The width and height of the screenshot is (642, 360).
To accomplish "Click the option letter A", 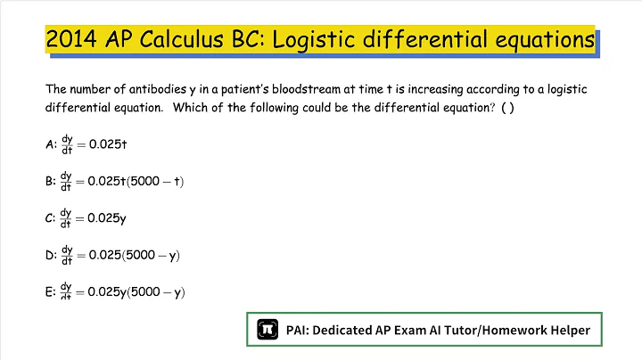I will [x=49, y=143].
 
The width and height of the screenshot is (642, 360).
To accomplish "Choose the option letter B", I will [x=49, y=181].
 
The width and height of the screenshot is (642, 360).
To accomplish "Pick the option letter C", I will [x=49, y=217].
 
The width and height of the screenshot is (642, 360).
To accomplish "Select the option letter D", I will [x=49, y=255].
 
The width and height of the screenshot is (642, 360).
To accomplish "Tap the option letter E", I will [x=49, y=291].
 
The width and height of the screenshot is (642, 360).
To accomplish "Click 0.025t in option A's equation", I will [x=111, y=143].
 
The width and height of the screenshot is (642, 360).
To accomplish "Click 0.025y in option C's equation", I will [x=111, y=217].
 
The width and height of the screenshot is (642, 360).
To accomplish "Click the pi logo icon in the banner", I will [x=266, y=330].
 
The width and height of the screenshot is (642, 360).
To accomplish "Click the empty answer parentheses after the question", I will [x=508, y=108].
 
